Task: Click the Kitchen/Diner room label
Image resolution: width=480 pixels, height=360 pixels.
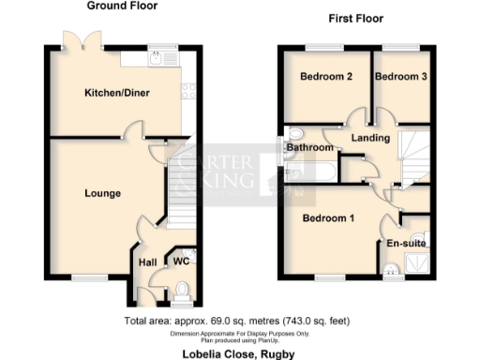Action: click(x=118, y=93)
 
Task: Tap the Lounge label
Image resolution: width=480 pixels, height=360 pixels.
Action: click(x=102, y=194)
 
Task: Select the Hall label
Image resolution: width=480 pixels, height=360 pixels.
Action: click(x=147, y=263)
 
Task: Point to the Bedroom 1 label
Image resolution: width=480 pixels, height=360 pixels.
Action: click(x=328, y=219)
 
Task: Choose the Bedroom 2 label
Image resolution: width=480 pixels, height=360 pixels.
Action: click(x=325, y=77)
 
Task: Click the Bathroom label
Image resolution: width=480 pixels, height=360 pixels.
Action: click(x=309, y=148)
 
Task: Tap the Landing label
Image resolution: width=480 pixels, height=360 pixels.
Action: click(x=370, y=139)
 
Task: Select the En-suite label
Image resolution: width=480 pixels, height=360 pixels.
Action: click(x=407, y=244)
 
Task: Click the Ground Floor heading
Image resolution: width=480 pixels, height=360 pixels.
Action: click(x=122, y=7)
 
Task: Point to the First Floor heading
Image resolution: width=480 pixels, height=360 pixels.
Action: click(x=355, y=19)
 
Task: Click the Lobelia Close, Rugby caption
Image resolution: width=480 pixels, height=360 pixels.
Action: click(x=240, y=351)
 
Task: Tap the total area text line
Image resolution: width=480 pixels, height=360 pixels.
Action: click(x=239, y=322)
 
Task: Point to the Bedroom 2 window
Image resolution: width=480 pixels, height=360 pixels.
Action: click(x=324, y=47)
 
